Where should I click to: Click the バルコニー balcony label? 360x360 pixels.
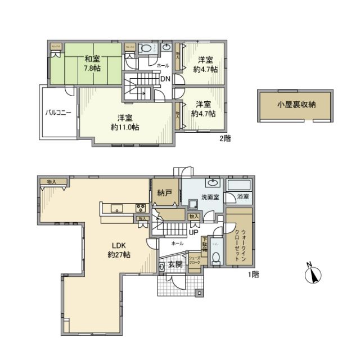point(58,112)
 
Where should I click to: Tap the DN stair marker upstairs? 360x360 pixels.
point(165,79)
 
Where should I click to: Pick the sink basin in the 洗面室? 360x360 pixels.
point(213,183)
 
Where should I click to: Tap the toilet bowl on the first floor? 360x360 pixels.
point(215,258)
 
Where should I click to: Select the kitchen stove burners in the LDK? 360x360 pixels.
point(139,209)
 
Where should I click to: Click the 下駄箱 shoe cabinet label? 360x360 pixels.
point(205,242)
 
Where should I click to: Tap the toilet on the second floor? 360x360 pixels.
point(146,49)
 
